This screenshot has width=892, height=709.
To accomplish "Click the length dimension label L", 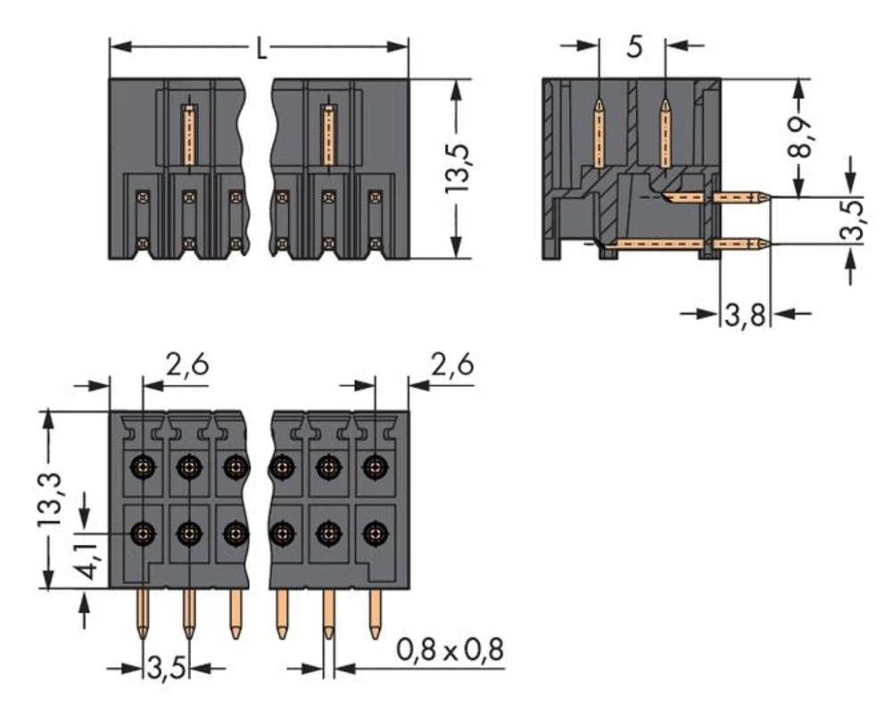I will coord(260,50).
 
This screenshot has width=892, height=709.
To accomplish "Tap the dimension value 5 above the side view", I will coord(633,46).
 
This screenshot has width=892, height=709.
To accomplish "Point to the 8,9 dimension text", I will coord(800,135).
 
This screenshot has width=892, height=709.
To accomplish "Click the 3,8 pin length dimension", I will coord(746,316).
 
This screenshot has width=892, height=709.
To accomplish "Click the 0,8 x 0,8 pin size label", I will coord(450,651).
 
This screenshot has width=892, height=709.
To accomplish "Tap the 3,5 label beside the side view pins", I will coord(854,220).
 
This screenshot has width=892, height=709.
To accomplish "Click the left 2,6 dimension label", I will coord(187,365).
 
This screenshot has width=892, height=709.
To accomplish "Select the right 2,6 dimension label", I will coord(451,365).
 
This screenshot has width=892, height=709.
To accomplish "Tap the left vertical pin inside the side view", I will coord(599,134).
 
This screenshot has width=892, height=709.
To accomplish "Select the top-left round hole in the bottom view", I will coord(142,465).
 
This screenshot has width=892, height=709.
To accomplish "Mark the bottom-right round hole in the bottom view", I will coord(376,534).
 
